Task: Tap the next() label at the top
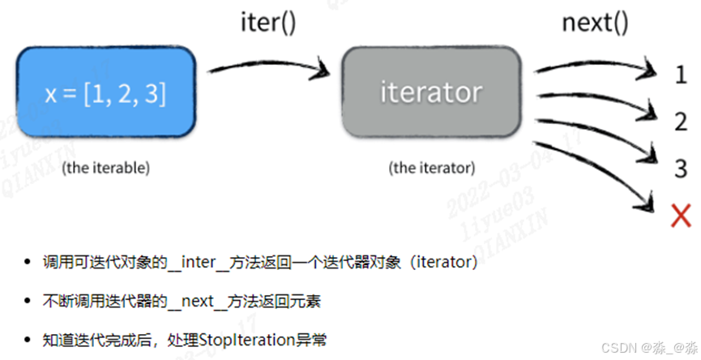pos(595,22)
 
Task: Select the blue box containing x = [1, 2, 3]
pos(105,93)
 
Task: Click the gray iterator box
pos(430,92)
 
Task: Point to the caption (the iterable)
pos(105,168)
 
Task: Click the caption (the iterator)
pos(430,168)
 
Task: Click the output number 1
pos(681,75)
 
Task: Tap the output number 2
pos(681,122)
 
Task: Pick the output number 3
pos(681,169)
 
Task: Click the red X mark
pos(681,216)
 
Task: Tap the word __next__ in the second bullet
pos(187,302)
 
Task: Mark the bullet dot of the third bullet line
pos(29,340)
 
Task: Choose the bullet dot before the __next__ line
pos(29,302)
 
